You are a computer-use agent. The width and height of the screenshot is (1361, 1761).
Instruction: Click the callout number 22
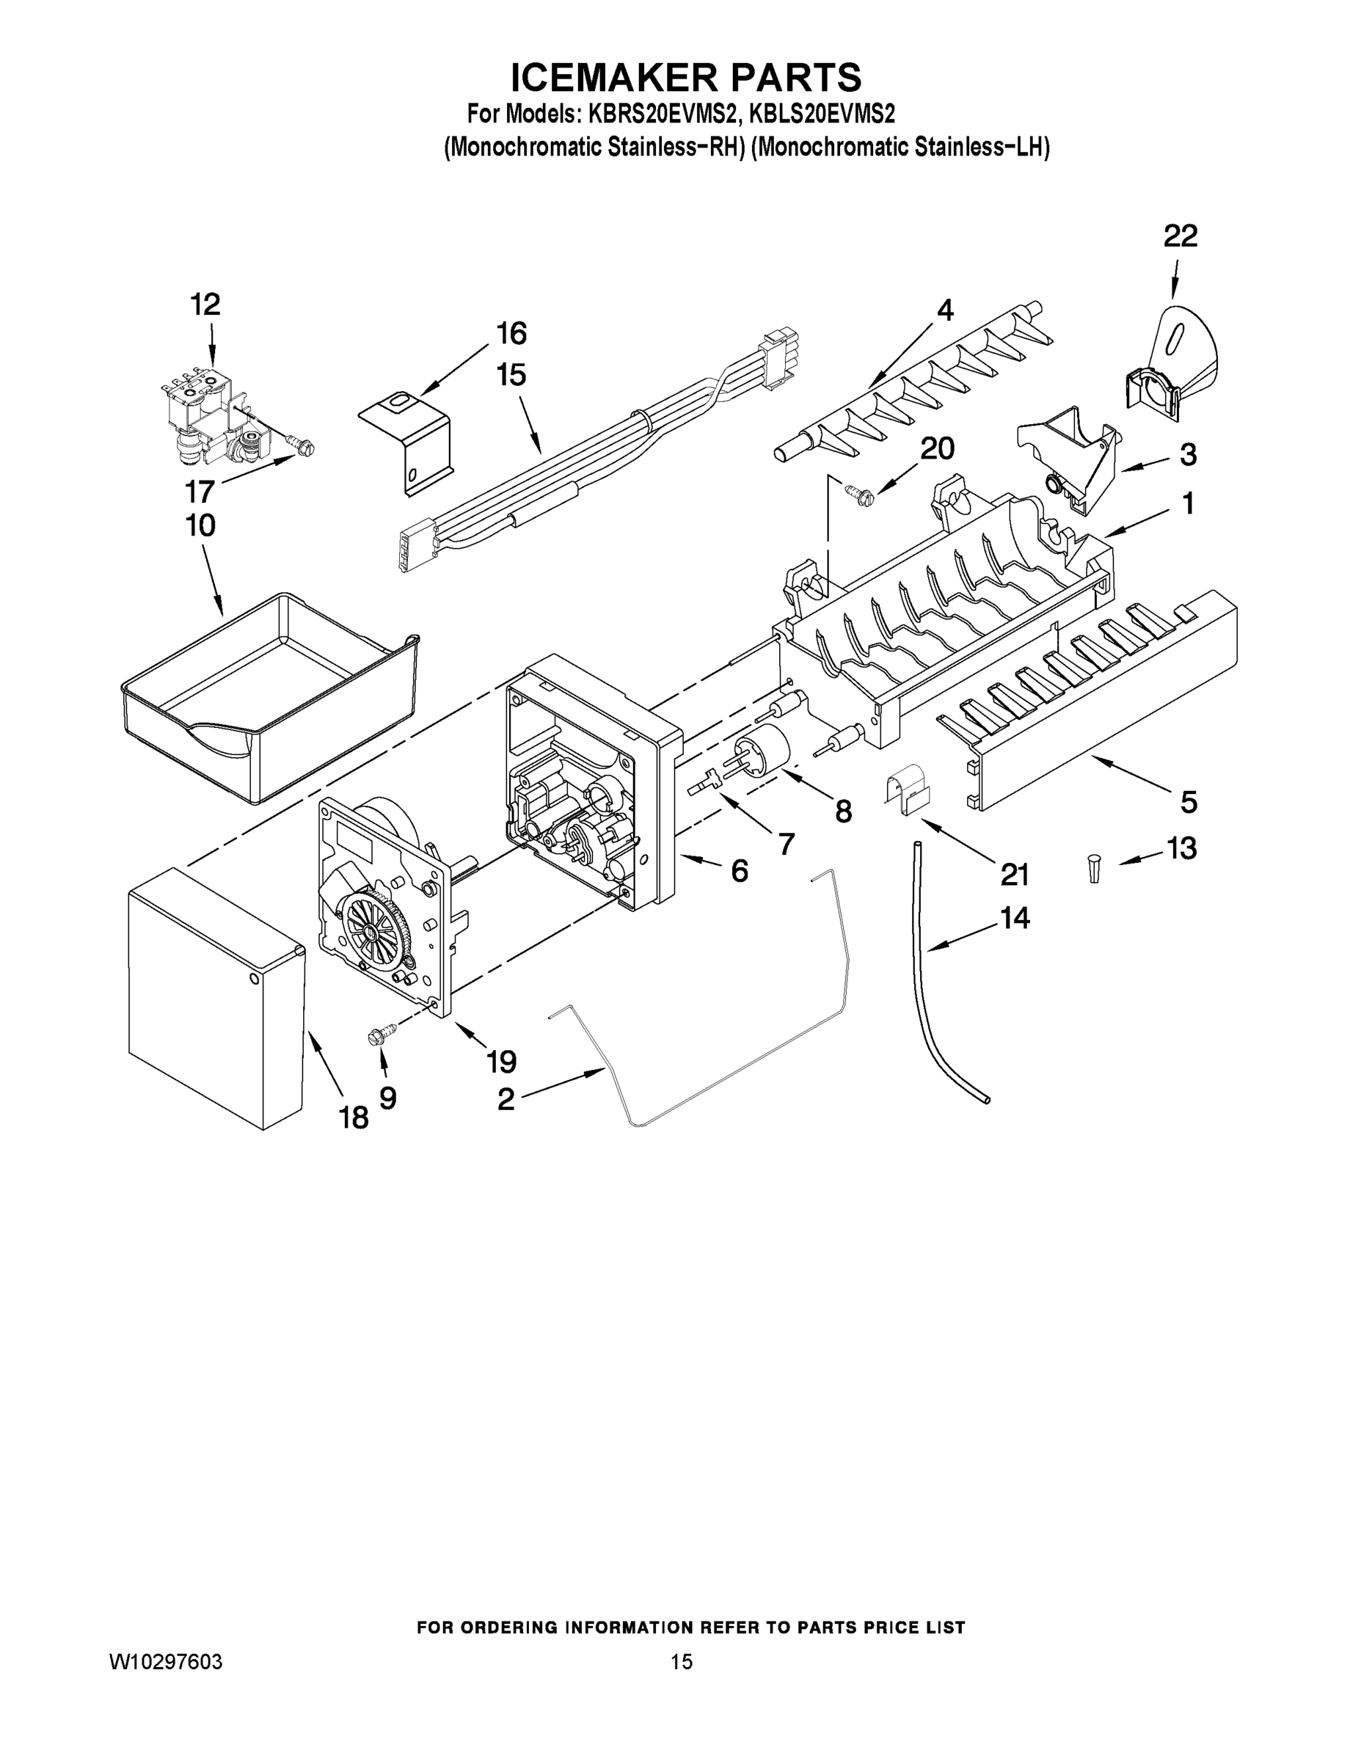pyautogui.click(x=1180, y=236)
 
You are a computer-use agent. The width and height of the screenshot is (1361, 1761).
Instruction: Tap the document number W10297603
pyautogui.click(x=165, y=1662)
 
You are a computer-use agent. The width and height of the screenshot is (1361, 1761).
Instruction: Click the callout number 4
pyautogui.click(x=944, y=309)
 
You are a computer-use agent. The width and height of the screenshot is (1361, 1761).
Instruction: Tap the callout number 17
pyautogui.click(x=199, y=490)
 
